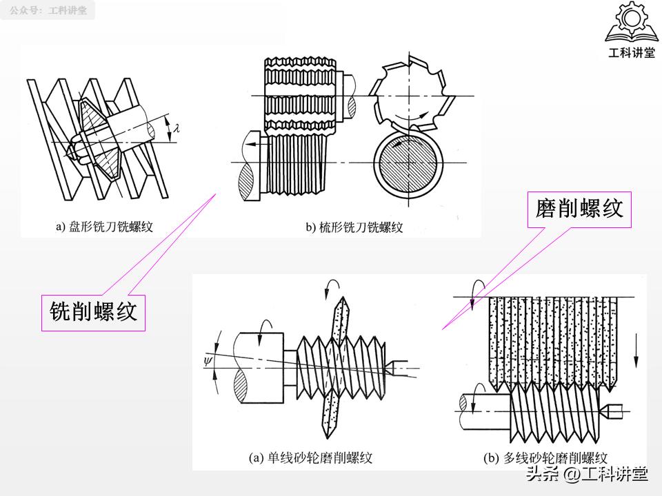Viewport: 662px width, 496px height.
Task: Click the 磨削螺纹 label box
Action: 579,208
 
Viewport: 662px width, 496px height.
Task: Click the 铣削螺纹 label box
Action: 93,312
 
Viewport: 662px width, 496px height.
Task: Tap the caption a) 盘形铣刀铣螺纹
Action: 104,226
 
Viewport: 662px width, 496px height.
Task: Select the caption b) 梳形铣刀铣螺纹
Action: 354,227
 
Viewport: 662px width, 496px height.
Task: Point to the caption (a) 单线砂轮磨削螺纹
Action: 310,457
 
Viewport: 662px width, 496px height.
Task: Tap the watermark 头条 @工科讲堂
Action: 587,474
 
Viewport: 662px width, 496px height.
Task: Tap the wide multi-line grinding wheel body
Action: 552,338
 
